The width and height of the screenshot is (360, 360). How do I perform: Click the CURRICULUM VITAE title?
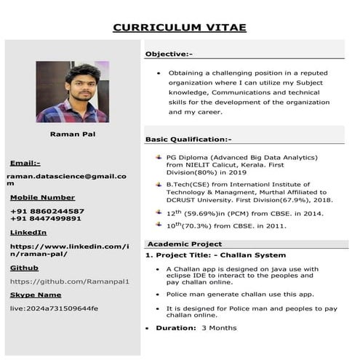point(180,28)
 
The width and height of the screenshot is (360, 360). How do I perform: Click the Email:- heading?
point(25,163)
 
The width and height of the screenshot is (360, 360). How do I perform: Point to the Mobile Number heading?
point(42,197)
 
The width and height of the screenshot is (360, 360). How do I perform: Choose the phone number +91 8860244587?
point(47,211)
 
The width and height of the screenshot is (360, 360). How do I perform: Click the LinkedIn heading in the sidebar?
point(28,232)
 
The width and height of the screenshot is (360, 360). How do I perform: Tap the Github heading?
point(24,268)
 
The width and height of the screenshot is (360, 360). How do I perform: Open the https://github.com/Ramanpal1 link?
point(69,281)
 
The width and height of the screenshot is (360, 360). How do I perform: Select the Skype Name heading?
point(36,295)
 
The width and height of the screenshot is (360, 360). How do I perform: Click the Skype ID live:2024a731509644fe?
point(54,308)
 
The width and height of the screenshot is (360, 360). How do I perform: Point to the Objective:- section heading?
point(169,54)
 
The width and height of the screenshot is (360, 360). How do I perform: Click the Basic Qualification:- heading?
point(188,139)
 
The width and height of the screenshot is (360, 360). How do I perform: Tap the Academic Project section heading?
point(185,244)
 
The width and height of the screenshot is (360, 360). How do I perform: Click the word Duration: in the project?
point(177,328)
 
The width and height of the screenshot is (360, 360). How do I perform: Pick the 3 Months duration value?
point(219,328)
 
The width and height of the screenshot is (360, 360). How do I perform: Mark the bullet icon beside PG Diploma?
point(159,157)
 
